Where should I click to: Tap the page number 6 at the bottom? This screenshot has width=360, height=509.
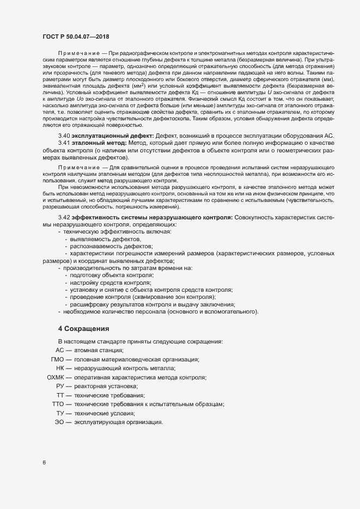(x=44, y=463)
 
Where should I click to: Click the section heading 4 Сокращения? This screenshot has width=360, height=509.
(x=84, y=328)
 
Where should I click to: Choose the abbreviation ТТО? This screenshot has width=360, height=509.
(x=58, y=404)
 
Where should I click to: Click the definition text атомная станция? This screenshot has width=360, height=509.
(x=99, y=350)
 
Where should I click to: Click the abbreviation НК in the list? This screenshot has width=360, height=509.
(x=60, y=368)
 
